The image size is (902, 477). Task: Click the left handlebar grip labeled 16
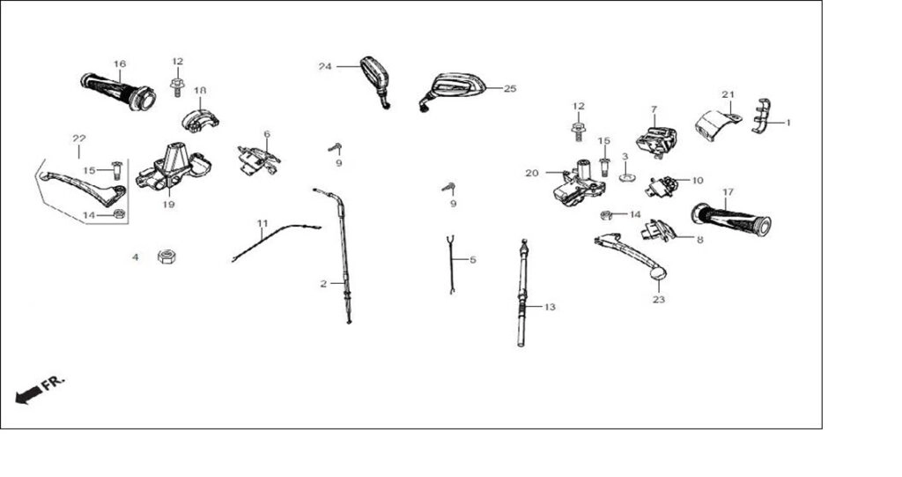point(119,92)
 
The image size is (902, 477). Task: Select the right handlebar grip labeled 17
point(731,220)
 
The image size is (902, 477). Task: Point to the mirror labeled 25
point(454,90)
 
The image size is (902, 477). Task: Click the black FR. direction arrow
point(28,395)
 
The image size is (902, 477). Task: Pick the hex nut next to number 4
point(166,257)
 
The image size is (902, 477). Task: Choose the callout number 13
point(550,307)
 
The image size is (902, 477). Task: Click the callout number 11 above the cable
point(262,223)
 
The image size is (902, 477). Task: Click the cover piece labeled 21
point(717,124)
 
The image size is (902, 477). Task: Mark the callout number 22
point(78,138)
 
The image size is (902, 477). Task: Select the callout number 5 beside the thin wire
point(473,260)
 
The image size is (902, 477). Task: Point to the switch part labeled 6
point(258,160)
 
